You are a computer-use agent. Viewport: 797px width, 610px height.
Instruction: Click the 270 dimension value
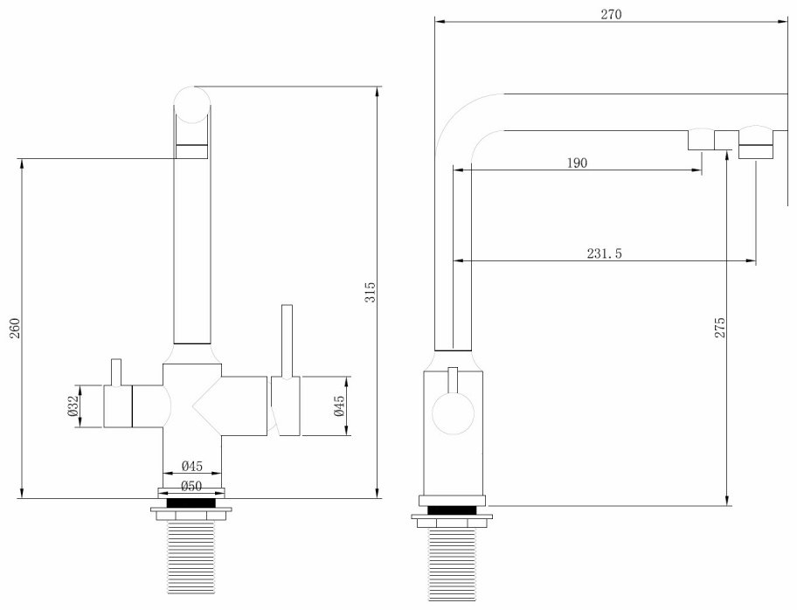click(x=611, y=14)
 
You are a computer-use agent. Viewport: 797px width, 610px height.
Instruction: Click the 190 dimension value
click(x=577, y=163)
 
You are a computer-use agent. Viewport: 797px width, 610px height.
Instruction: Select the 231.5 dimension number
click(x=605, y=253)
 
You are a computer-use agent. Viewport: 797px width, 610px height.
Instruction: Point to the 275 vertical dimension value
click(x=720, y=328)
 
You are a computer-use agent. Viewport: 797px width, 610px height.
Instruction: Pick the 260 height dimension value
click(x=14, y=328)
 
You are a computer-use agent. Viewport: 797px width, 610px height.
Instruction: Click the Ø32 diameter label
click(x=73, y=406)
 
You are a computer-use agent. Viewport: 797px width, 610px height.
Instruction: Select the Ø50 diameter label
click(x=191, y=486)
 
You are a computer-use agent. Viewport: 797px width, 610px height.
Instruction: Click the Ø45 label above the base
click(x=191, y=466)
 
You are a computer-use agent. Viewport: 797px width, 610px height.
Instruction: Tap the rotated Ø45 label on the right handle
click(x=339, y=406)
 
